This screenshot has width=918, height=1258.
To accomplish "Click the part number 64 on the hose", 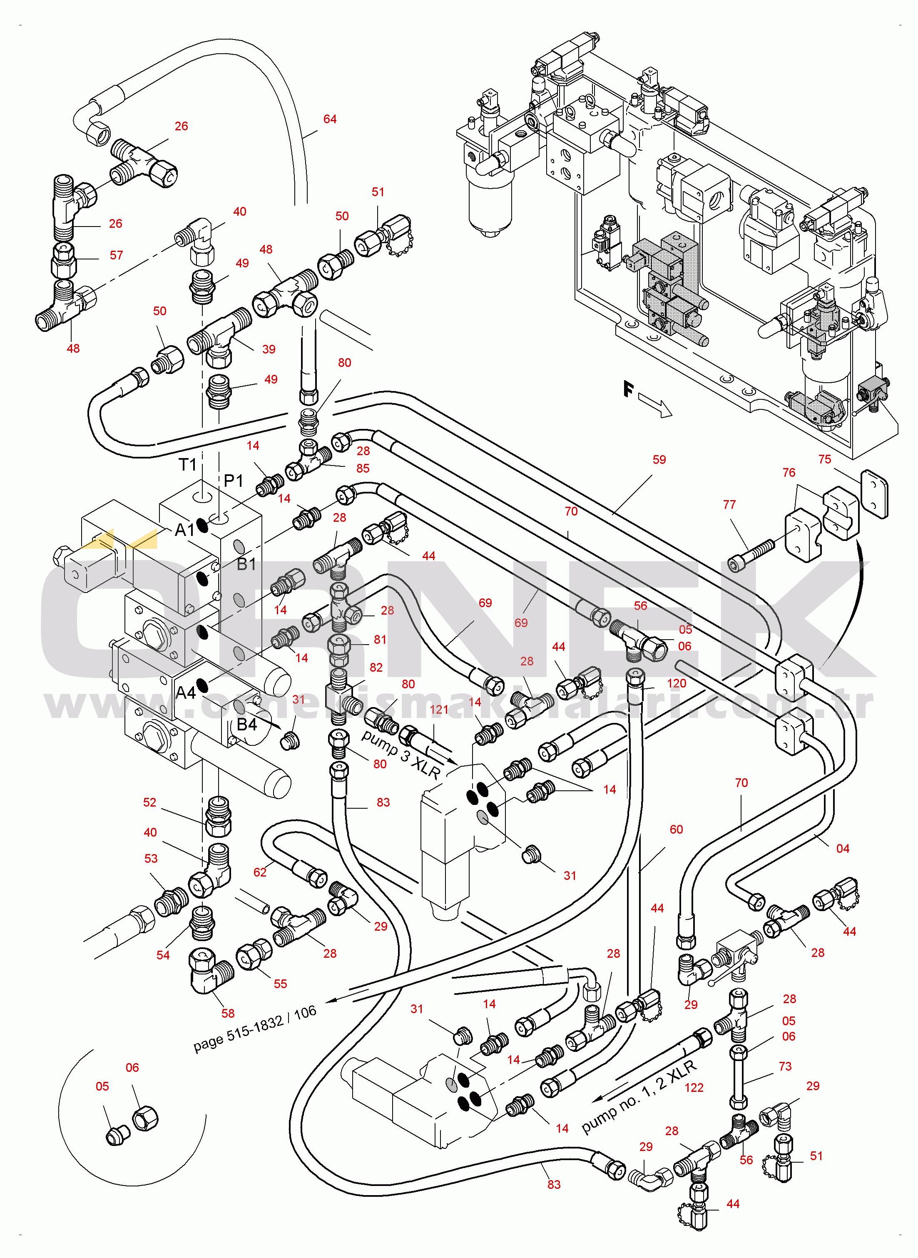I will tap(330, 119).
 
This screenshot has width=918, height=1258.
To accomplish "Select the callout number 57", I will tap(116, 255).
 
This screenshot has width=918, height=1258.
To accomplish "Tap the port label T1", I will tap(188, 465).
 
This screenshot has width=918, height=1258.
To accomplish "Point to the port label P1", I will tap(234, 480).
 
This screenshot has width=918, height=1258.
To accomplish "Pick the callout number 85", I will tap(363, 468).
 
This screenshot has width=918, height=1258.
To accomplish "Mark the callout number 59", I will tap(659, 460).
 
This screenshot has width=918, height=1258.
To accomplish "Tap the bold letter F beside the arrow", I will tap(628, 389).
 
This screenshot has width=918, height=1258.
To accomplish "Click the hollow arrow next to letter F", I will tap(656, 404).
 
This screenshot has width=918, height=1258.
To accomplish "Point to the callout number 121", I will tap(439, 710).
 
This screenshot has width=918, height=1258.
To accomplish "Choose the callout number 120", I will tap(676, 683).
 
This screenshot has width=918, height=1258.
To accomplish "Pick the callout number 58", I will tap(228, 1013).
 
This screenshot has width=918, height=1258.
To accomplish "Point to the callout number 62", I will tap(260, 872).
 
